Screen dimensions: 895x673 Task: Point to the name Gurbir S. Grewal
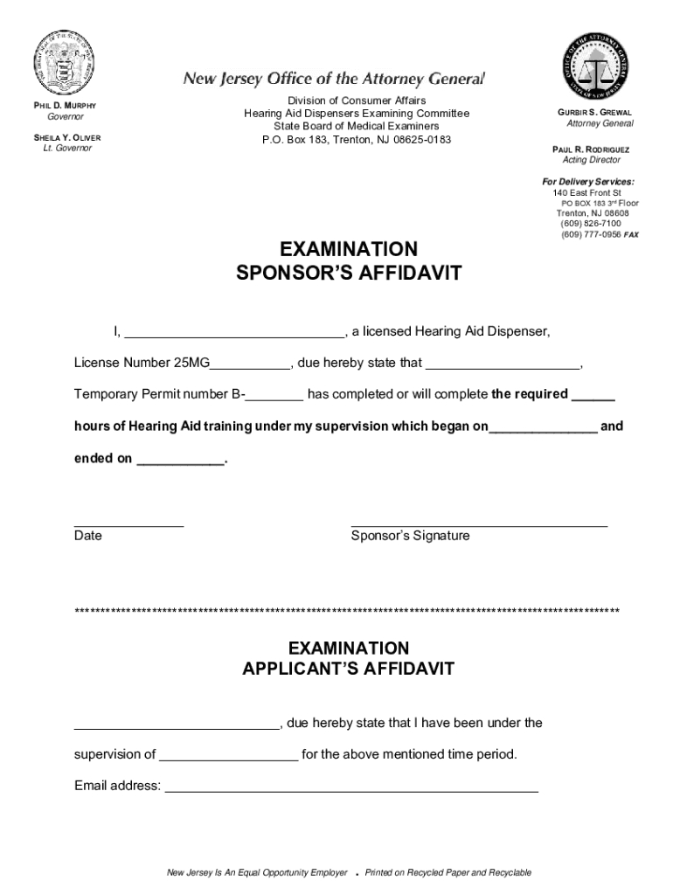pyautogui.click(x=594, y=113)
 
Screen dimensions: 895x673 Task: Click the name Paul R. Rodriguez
pyautogui.click(x=591, y=149)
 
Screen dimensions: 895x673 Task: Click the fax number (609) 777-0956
pyautogui.click(x=591, y=234)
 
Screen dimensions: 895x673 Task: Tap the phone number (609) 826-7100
pyautogui.click(x=591, y=224)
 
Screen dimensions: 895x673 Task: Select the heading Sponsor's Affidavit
pyautogui.click(x=349, y=274)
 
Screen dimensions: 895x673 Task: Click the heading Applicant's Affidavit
pyautogui.click(x=349, y=670)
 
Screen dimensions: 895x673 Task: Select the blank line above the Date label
pyautogui.click(x=128, y=526)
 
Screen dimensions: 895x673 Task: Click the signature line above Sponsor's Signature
pyautogui.click(x=479, y=526)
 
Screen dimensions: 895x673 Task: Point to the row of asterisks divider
pyautogui.click(x=348, y=610)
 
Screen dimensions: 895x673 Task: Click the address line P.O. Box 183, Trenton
pyautogui.click(x=357, y=140)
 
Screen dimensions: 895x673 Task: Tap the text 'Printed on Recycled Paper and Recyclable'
pyautogui.click(x=448, y=873)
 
